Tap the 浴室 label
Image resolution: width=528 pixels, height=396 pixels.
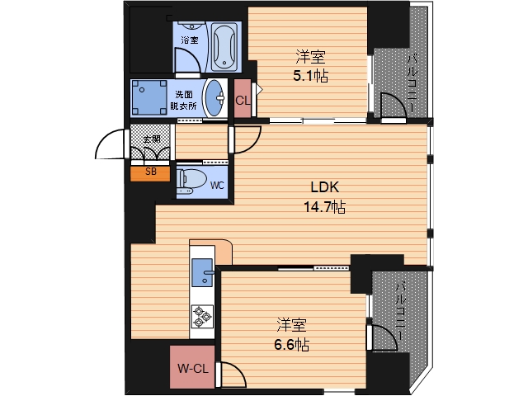(189, 40)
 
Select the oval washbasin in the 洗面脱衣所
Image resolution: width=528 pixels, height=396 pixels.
(214, 98)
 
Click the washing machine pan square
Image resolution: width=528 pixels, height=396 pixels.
(148, 97)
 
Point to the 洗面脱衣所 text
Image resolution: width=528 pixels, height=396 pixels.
(183, 101)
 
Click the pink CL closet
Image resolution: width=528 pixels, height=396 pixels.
(243, 99)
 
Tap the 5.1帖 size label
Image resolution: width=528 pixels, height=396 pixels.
(310, 77)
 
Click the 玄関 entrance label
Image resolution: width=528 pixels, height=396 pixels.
(152, 139)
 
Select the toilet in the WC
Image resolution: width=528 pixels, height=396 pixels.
(191, 181)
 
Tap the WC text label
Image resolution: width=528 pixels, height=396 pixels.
(216, 185)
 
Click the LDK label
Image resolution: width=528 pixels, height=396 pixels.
(324, 187)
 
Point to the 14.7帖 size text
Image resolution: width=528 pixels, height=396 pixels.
(324, 207)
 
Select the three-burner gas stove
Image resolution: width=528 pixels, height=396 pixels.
(202, 317)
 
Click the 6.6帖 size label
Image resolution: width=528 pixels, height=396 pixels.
(291, 345)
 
